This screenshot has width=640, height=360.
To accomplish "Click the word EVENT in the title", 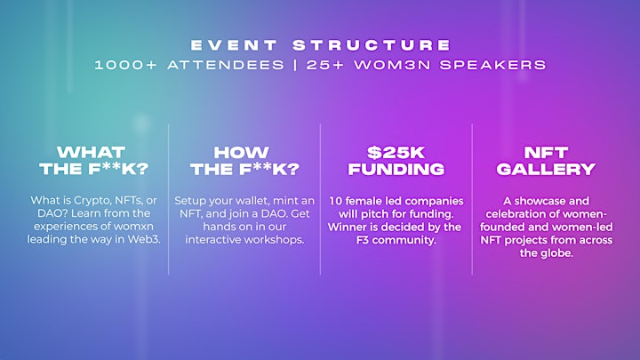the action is point(234,45).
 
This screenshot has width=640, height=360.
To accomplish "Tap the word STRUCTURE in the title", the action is point(372,45).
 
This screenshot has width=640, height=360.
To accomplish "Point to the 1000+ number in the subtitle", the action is point(125,65).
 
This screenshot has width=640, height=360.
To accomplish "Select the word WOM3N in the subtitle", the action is point(393,65).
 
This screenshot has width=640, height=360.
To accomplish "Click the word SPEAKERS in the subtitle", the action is point(493,65).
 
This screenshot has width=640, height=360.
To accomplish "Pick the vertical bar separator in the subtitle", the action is point(295,65).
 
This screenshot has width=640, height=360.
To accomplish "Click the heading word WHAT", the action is point(91,153).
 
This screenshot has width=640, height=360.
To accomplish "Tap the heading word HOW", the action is point(241,153).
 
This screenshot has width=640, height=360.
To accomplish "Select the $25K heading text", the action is point(396,153).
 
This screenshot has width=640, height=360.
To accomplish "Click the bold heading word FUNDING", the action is point(396,169).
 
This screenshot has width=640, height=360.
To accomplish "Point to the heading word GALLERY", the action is point(546,169).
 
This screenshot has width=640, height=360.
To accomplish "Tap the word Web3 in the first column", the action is point(144,239).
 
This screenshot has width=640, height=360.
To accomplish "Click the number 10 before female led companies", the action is point(335,201).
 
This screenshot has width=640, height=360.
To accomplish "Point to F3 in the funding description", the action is point(363,240).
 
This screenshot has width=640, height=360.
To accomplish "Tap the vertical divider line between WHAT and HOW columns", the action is point(169,199).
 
